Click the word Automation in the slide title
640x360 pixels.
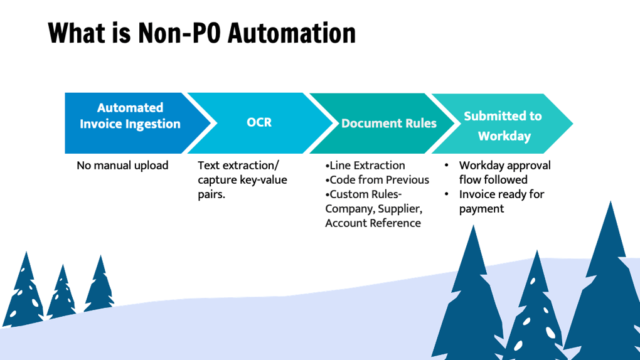[x=292, y=33]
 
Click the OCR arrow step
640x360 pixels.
[x=259, y=122]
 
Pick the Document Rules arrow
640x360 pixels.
[x=388, y=123]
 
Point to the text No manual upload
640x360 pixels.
[x=122, y=166]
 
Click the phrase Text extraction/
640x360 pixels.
[x=238, y=166]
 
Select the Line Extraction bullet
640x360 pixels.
[x=365, y=166]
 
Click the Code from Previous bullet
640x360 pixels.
[x=377, y=180]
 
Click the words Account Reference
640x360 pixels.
[x=373, y=223]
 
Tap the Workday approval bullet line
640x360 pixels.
[x=504, y=166]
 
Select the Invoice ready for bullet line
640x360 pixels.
[x=501, y=194]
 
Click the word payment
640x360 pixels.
[x=481, y=209]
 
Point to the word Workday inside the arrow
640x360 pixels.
[x=504, y=136]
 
